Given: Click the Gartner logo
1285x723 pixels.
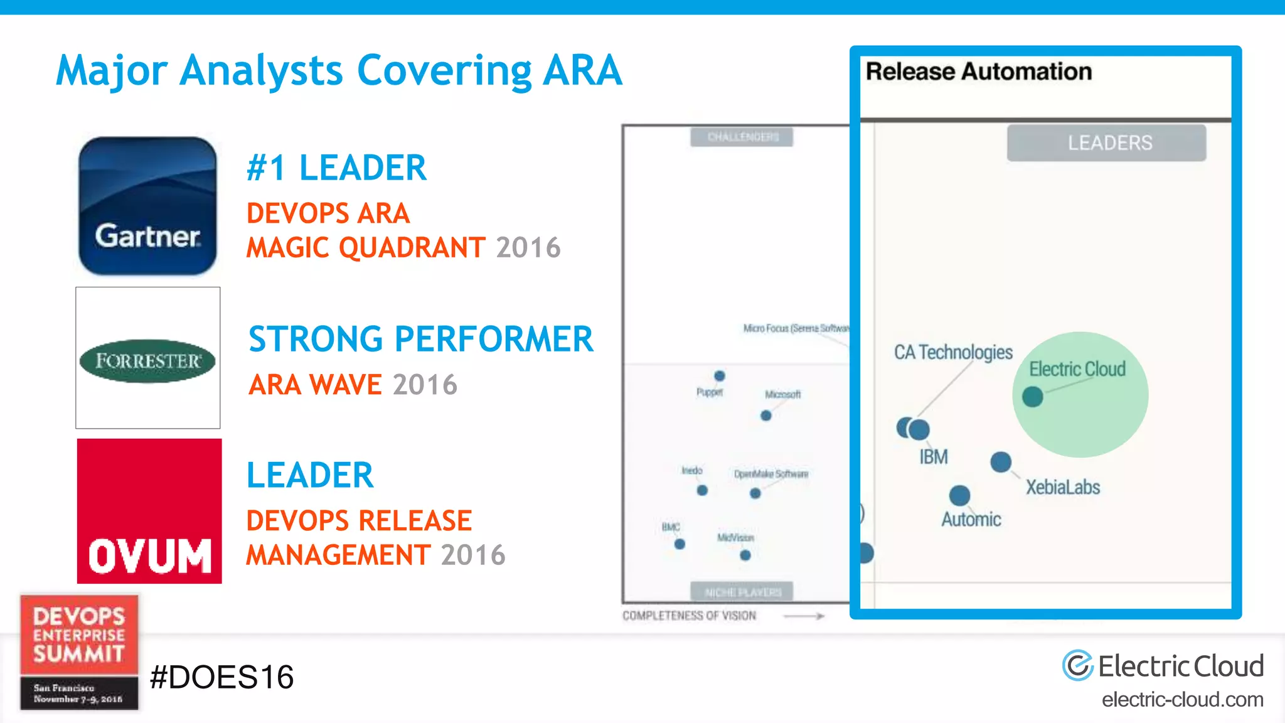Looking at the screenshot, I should coord(147,206).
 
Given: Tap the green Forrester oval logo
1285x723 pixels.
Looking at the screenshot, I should coord(147,361).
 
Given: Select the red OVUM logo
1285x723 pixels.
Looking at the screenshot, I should coord(149,511).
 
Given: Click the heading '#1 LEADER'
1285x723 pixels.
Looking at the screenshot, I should coord(336,168).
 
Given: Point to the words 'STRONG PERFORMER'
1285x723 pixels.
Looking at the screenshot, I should coord(420,340).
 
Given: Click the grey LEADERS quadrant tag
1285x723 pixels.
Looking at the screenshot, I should coord(1106,143).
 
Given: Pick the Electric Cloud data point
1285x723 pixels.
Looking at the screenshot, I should coord(1032,397).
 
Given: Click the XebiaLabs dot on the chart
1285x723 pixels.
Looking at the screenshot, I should coord(1001,462).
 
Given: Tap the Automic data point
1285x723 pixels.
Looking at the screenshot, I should coord(959,495).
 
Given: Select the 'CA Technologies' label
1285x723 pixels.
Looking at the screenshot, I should coord(953,352).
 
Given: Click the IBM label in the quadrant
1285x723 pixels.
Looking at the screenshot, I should coord(934,457).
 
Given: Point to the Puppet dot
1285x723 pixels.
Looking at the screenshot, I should coord(720,376).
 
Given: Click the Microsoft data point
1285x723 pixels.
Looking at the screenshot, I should coord(765,415).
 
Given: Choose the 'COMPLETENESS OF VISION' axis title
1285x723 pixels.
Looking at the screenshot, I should coord(689,616).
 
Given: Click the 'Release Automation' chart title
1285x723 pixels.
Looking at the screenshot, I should coord(979,72).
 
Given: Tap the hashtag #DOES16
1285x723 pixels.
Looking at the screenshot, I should coord(222,677).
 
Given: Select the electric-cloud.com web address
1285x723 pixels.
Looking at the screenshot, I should coord(1182,699).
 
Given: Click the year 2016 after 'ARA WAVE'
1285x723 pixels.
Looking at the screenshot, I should coord(425,385).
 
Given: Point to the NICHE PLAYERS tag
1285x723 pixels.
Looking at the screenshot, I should coord(742,592).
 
